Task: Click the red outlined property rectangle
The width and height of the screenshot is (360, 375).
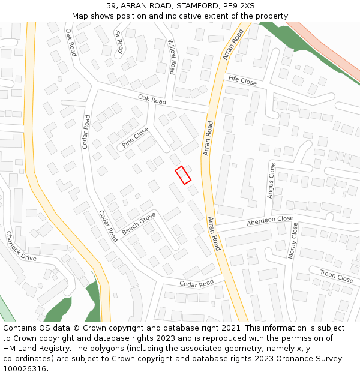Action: point(183,175)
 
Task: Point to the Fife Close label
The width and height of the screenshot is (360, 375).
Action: point(242,80)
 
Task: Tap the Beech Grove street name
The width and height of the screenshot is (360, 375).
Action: point(139,223)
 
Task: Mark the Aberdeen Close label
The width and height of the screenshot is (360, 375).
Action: point(270,221)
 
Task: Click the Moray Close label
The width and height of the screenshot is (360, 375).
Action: point(293,241)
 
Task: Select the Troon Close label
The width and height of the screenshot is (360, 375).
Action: point(337,276)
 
